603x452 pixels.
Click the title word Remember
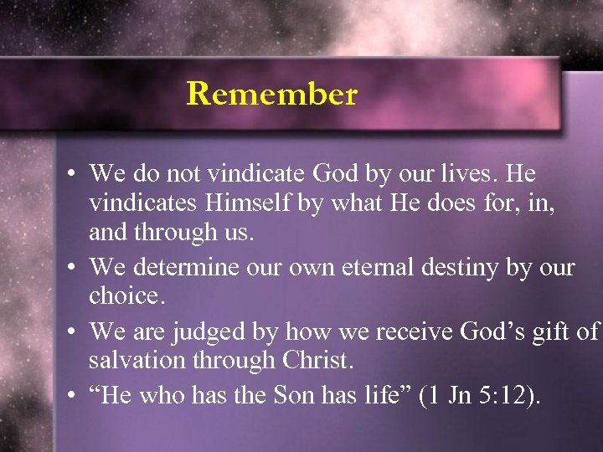[x=271, y=94]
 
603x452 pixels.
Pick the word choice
[x=125, y=296]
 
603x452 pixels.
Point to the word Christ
[x=316, y=360]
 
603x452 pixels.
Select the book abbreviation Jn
[x=457, y=395]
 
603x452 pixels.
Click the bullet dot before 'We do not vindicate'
[x=75, y=176]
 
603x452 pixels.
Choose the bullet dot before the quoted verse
[x=75, y=396]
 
